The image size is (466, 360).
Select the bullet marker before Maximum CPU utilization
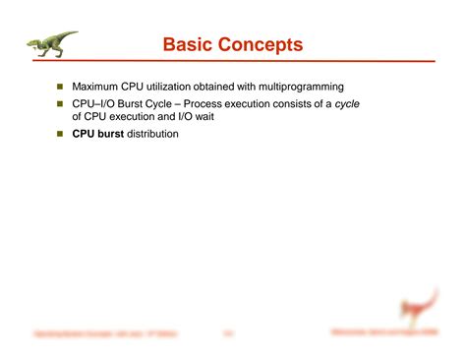pos(58,87)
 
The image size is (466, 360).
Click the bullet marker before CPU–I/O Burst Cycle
pos(58,102)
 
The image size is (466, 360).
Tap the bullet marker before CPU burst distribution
pos(58,133)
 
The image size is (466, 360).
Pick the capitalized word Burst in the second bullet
pos(128,102)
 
